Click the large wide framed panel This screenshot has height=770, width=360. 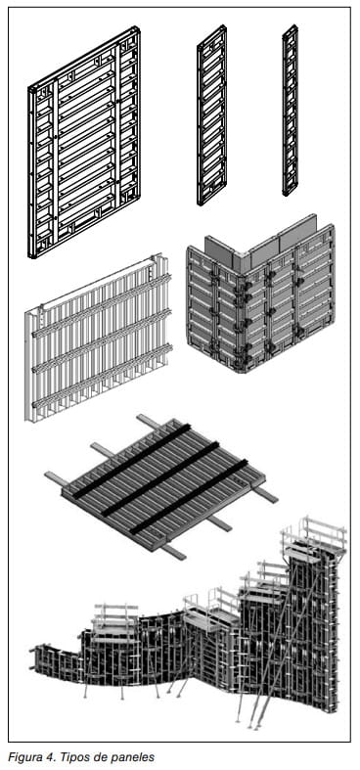pos(84,142)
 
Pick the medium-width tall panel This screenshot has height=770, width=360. pos(211,114)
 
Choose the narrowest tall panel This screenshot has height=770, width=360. pos(290,110)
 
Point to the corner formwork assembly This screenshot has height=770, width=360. pos(261,294)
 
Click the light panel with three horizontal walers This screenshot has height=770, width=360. pos(99,338)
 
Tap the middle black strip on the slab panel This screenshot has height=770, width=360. pos(160,478)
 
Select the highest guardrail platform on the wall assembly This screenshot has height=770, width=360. pos(314,536)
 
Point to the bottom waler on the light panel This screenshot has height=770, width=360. pos(102,376)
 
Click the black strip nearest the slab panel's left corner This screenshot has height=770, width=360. pos(132,461)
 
